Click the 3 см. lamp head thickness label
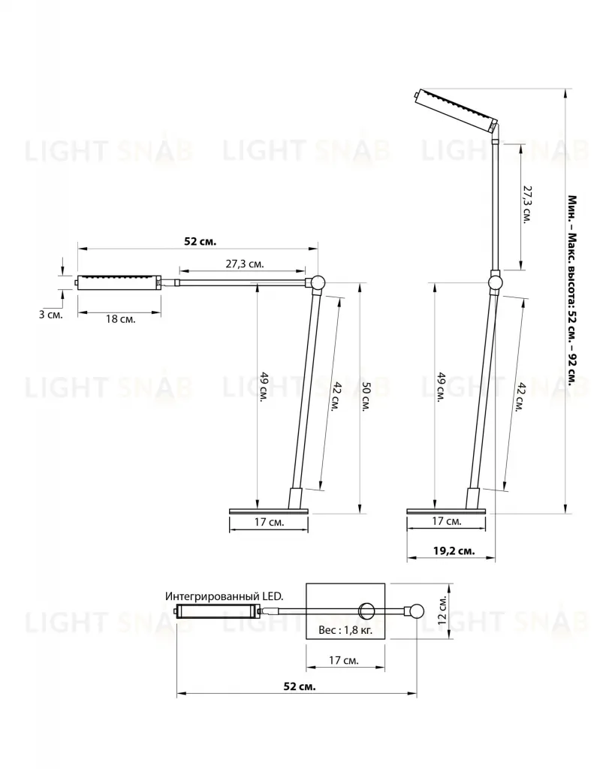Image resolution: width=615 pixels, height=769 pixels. (x=51, y=315)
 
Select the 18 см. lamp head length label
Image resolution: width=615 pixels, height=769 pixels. (x=121, y=318)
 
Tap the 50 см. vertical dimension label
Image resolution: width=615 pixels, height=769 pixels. (x=366, y=397)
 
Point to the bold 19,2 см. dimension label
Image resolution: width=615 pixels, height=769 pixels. (x=454, y=550)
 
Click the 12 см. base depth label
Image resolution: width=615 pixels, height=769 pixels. (x=442, y=611)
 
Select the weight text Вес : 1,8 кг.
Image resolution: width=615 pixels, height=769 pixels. (x=345, y=630)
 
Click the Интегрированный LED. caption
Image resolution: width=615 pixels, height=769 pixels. (x=224, y=596)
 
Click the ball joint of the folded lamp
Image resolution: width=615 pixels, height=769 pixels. (x=315, y=283)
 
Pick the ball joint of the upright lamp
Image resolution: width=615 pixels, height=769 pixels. (x=495, y=282)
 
